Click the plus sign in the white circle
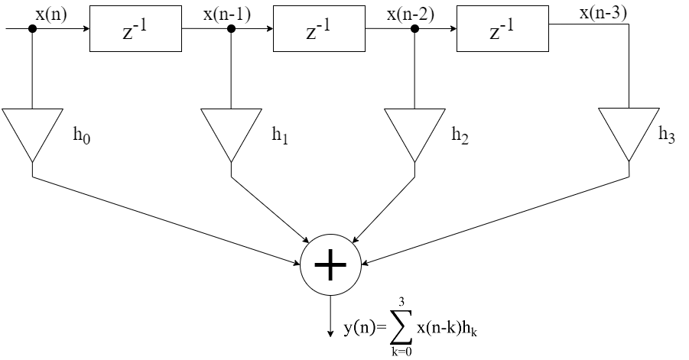(330, 265)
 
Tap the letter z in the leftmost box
(128, 34)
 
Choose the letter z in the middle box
(311, 34)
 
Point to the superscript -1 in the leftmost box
(141, 26)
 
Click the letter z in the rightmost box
(495, 34)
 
